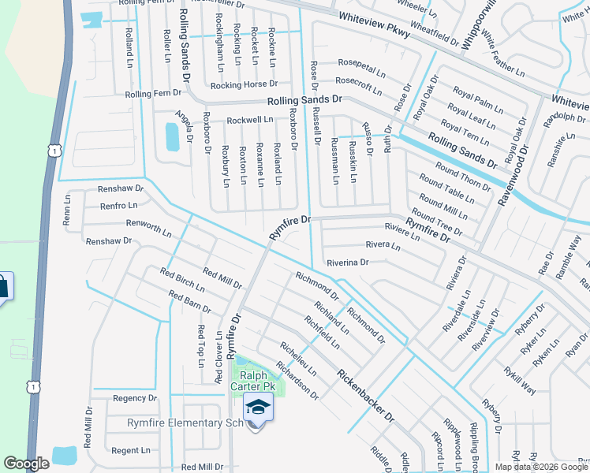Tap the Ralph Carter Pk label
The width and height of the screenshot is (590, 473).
pos(252,382)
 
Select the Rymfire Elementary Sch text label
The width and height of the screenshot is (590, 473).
pos(185,423)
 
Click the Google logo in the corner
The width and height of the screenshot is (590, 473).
pos(26,464)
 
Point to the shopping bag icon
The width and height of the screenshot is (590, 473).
pos(2,285)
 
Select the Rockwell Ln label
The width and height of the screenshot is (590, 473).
pos(249,121)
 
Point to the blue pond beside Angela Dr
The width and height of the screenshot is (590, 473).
pos(171,136)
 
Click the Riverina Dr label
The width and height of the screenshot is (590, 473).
pos(342,262)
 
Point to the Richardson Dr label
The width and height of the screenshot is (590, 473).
pos(296,378)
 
